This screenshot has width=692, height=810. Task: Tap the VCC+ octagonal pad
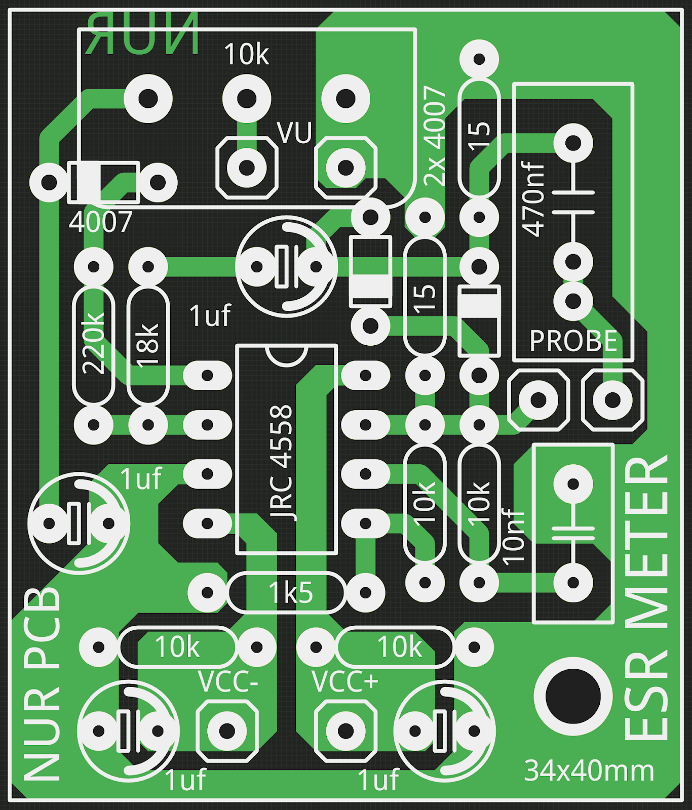pyautogui.click(x=345, y=731)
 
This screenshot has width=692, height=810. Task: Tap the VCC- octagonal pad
pyautogui.click(x=226, y=731)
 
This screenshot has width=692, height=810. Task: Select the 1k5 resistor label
pyautogui.click(x=291, y=592)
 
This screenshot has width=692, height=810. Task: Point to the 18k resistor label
pyautogui.click(x=148, y=344)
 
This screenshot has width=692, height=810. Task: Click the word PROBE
pyautogui.click(x=573, y=341)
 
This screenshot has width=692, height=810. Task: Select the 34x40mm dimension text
pyautogui.click(x=589, y=771)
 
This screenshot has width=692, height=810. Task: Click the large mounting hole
pyautogui.click(x=573, y=697)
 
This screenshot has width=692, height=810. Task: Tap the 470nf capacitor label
pyautogui.click(x=533, y=199)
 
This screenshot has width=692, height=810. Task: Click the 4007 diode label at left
pyautogui.click(x=100, y=222)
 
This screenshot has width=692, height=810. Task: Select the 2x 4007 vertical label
pyautogui.click(x=435, y=136)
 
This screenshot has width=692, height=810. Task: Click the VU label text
pyautogui.click(x=294, y=133)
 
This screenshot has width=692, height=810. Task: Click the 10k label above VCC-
pyautogui.click(x=177, y=647)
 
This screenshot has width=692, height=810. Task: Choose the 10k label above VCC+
pyautogui.click(x=399, y=647)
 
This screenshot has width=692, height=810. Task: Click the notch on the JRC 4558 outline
pyautogui.click(x=287, y=355)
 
